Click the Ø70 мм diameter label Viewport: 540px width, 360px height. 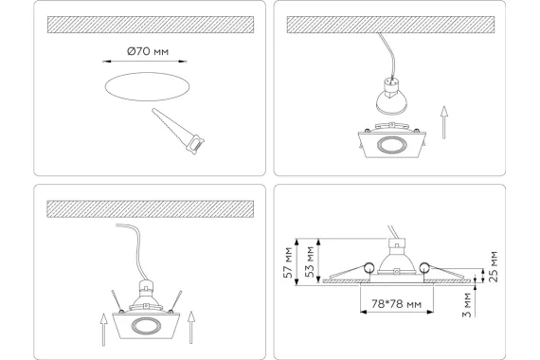pos(148,52)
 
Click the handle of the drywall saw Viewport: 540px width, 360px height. pos(195,145)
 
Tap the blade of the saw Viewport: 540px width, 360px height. pos(171,124)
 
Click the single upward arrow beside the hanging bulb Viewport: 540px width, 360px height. pos(444,122)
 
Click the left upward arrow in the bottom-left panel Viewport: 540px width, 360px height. pos(103,329)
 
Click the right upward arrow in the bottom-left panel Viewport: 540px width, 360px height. pos(191,327)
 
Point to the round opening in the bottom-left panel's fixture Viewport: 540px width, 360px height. pos(146,326)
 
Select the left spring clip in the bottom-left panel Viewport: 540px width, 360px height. pos(117,301)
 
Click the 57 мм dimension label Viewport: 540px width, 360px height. pos(288,262)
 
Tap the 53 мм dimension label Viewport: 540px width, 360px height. pos(310,262)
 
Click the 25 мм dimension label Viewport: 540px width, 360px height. pos(494,267)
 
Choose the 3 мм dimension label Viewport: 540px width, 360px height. pos(467,305)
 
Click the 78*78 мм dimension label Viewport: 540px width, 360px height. pos(396,304)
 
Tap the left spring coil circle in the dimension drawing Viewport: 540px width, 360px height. pos(369,267)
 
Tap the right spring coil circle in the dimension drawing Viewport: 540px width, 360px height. pos(424,267)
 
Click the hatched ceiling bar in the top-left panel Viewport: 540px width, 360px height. pos(151,25)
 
